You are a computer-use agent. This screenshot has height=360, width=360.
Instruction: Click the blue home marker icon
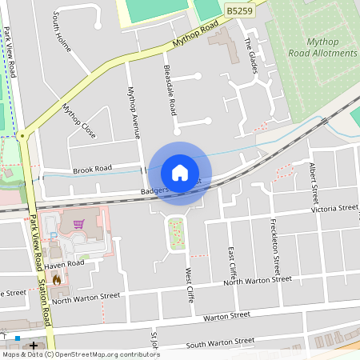[180, 172]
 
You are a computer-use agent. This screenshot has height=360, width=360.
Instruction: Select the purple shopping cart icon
[78, 225]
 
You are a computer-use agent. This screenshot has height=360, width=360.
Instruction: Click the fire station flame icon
[57, 279]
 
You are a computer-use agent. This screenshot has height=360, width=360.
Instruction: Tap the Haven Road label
[64, 263]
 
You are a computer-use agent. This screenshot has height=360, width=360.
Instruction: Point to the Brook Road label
[92, 170]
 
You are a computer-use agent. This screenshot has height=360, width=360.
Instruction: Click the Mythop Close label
[78, 120]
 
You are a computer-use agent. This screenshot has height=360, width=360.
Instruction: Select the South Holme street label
[62, 32]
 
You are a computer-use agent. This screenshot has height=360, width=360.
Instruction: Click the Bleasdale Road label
[169, 89]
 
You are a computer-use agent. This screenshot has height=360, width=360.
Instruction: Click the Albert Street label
[314, 182]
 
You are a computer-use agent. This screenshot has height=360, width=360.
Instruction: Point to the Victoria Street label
[334, 208]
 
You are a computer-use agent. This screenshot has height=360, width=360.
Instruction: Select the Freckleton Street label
[275, 242]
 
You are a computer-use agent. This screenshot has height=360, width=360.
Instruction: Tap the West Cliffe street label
[190, 284]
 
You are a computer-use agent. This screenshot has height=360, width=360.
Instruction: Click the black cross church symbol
[34, 345]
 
